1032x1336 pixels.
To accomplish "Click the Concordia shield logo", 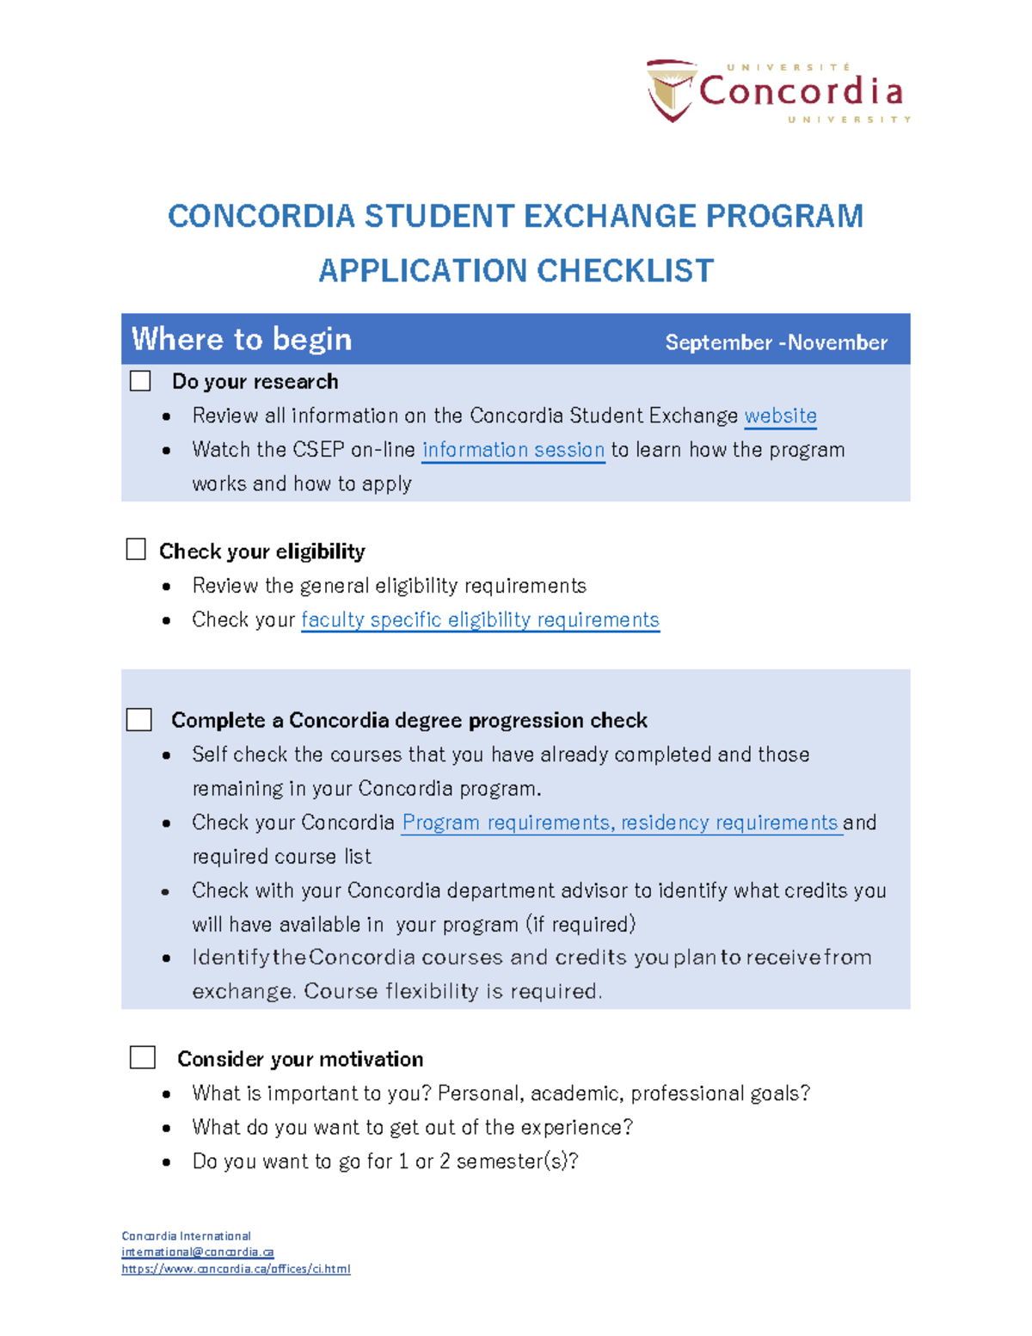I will click(671, 89).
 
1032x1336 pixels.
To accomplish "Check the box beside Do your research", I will click(140, 381).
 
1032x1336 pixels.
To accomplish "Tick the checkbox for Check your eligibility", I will click(136, 550).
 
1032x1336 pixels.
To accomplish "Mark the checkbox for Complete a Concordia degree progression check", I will click(138, 720).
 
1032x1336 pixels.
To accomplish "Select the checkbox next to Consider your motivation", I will click(142, 1057).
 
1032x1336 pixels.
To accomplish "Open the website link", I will click(780, 416).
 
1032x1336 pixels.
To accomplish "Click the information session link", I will click(513, 450).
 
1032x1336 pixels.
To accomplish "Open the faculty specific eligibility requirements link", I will click(480, 620).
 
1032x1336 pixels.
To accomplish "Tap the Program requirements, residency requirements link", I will click(620, 823).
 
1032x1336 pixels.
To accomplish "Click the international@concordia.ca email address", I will click(198, 1252).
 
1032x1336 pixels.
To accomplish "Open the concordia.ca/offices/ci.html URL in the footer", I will click(236, 1269).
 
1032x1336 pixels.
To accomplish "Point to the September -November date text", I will click(776, 342).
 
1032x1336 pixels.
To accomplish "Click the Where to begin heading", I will click(242, 339).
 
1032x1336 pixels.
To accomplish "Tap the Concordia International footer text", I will click(186, 1236).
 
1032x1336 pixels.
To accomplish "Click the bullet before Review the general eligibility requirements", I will click(166, 587).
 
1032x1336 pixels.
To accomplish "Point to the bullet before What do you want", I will click(166, 1128).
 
